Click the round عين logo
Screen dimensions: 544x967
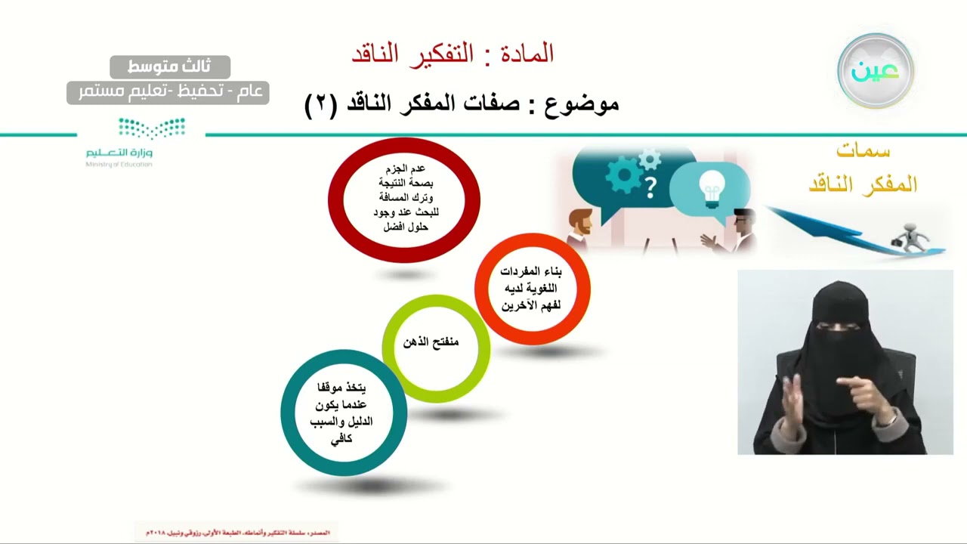coord(876,71)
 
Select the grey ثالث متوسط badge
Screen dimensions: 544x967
coord(170,67)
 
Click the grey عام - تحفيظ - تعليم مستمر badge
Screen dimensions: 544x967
coord(168,92)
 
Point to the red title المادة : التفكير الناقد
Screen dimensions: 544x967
coord(453,54)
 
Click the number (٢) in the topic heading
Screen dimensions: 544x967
coord(320,104)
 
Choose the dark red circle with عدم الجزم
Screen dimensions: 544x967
coord(404,199)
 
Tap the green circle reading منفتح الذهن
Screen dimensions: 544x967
coord(435,347)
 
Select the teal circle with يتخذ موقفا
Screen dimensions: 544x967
coord(343,413)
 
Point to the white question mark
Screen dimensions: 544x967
coord(650,186)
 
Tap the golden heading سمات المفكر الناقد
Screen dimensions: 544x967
coord(863,168)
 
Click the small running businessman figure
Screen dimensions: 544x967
coord(910,236)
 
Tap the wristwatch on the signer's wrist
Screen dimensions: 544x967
coord(891,416)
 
